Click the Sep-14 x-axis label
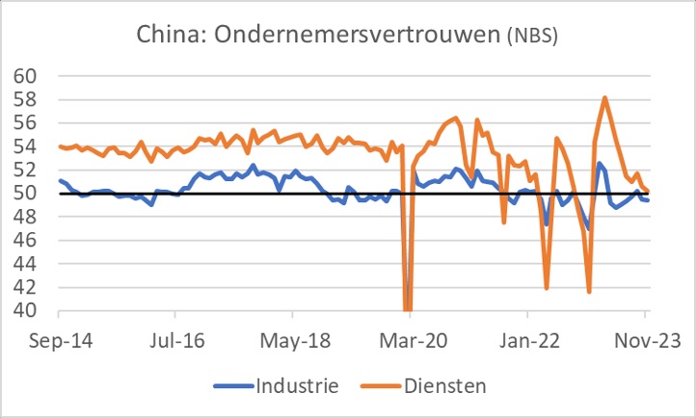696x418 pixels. coord(59,342)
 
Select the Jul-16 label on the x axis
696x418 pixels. coord(175,342)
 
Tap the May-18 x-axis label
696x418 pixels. coord(293,342)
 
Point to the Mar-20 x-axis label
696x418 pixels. coord(410,342)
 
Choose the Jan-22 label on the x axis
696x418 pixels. coord(527,342)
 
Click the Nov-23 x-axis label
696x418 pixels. coord(644,342)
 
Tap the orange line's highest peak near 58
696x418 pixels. coord(604,97)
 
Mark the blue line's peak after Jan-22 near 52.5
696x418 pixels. coord(599,163)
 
